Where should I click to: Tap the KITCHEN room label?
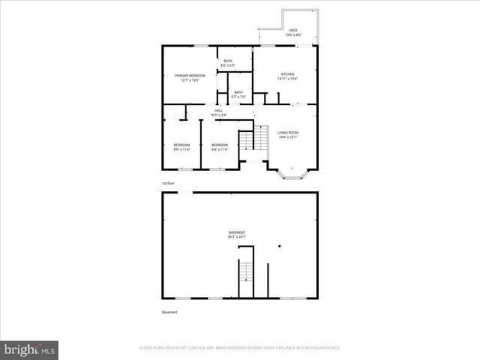(x=288, y=73)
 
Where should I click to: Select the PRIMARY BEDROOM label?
(x=190, y=76)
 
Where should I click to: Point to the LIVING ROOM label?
(x=288, y=133)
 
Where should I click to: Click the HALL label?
(x=219, y=110)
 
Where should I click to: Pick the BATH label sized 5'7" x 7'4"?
(x=238, y=92)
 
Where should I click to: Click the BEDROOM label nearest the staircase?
(x=220, y=144)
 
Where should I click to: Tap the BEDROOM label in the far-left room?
(x=182, y=144)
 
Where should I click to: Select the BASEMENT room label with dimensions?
(x=237, y=232)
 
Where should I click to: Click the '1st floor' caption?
(x=169, y=183)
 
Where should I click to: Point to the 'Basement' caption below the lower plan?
(x=170, y=312)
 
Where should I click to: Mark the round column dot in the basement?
(x=279, y=247)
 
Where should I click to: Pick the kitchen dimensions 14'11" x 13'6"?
(x=288, y=79)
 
